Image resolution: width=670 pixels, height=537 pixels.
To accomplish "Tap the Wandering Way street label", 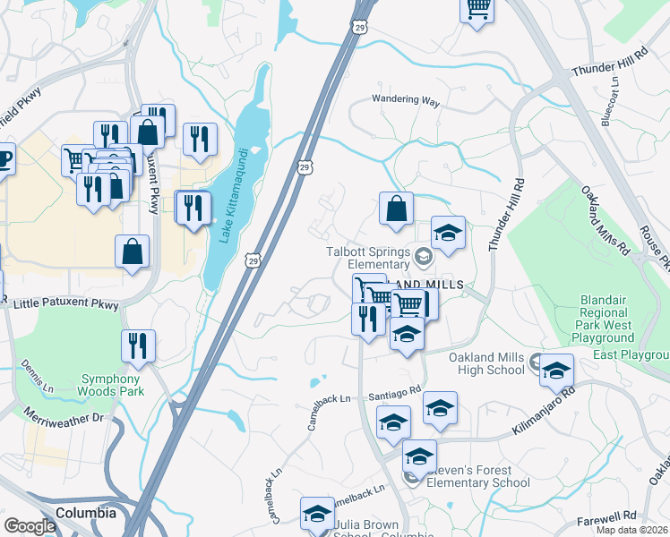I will coord(406,101).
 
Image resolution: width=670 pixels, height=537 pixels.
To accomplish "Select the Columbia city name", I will coord(86,514).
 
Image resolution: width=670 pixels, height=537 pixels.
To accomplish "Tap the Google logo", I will coord(29,526).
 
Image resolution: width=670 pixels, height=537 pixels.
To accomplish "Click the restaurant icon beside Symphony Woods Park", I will coord(138,345).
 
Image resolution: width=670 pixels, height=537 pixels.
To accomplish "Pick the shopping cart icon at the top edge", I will coord(477,8).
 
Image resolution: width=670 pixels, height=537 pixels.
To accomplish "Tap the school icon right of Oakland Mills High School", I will coord(556,369).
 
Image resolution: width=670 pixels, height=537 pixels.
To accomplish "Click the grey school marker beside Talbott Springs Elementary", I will coord(424,257).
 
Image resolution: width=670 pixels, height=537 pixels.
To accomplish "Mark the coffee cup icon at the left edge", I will coord(4,159).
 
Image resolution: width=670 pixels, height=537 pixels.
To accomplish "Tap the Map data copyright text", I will coord(632,530).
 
